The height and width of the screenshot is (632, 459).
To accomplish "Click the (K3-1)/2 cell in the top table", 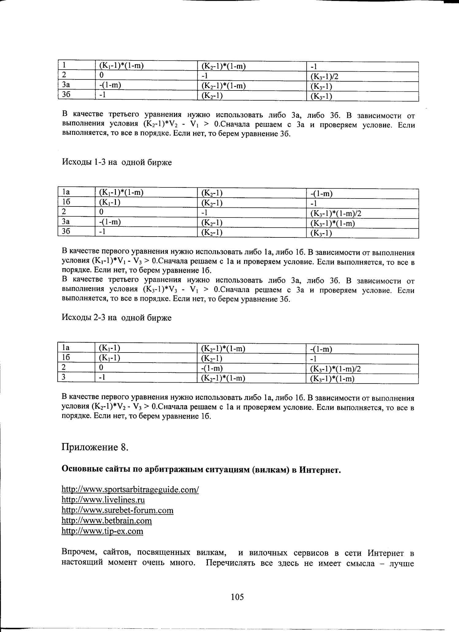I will click(x=324, y=77).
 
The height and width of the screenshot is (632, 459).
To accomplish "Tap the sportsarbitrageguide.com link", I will click(x=130, y=489).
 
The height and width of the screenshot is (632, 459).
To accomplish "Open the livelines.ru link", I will click(x=103, y=500).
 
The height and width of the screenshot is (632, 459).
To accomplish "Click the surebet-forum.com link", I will click(x=117, y=510).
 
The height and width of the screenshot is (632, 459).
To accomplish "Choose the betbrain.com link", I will click(x=107, y=521).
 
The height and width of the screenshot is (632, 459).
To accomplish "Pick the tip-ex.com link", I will click(x=102, y=531).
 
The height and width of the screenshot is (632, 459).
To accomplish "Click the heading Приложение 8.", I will click(x=95, y=447).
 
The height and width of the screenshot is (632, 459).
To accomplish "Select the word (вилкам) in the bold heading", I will click(x=270, y=470).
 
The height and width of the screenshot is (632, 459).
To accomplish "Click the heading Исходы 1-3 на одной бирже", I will click(x=117, y=162).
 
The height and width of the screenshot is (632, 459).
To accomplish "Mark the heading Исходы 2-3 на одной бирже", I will click(x=117, y=318).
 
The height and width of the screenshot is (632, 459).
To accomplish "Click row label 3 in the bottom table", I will click(x=64, y=377).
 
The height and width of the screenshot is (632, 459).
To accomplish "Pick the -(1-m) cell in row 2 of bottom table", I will click(x=212, y=368).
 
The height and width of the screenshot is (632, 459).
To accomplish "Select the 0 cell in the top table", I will click(x=101, y=75).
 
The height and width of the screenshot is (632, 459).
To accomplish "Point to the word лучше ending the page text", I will click(x=402, y=563).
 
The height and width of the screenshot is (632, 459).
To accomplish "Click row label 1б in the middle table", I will click(x=66, y=202).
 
